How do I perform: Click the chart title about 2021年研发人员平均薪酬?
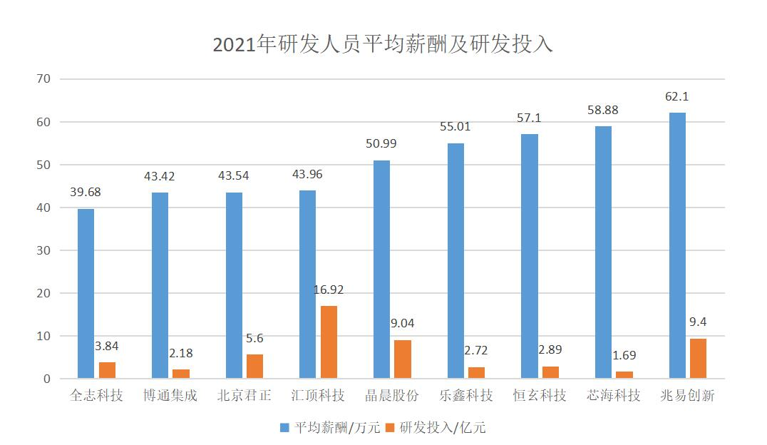click(x=383, y=44)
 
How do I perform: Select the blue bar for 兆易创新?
click(x=677, y=245)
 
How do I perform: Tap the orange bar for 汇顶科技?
click(x=329, y=342)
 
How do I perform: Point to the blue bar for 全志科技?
click(x=86, y=293)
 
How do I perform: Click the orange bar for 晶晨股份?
click(x=403, y=359)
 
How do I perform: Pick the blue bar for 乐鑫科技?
click(x=455, y=260)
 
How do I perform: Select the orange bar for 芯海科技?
click(x=624, y=374)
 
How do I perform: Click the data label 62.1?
click(x=677, y=97)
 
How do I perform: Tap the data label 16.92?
click(x=329, y=290)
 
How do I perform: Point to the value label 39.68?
click(x=86, y=193)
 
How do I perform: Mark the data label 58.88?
click(x=603, y=111)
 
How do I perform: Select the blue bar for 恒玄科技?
click(x=530, y=256)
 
